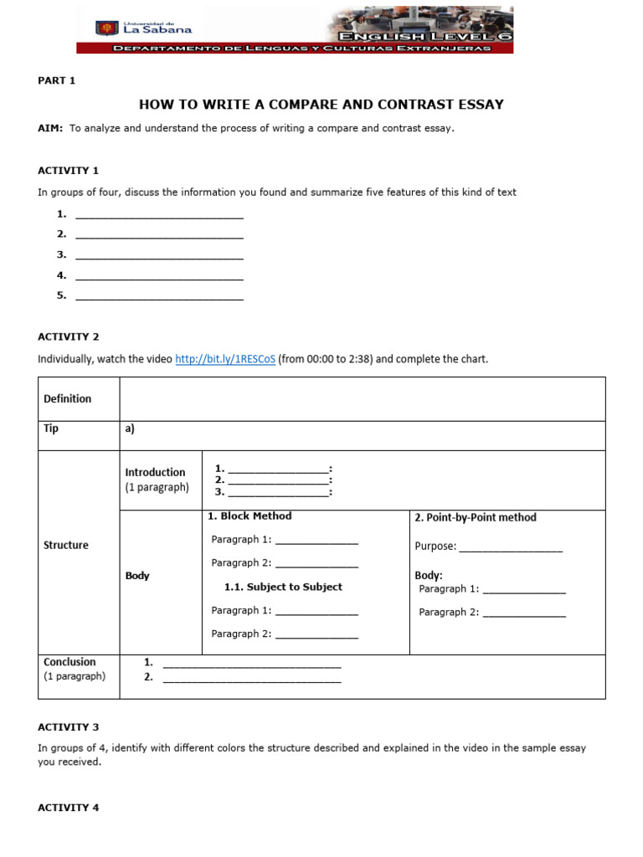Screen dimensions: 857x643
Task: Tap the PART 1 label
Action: (x=56, y=80)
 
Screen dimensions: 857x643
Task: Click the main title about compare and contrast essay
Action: (x=321, y=105)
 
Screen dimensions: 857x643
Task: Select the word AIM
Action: (x=49, y=128)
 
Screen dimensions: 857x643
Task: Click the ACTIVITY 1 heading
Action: (x=68, y=170)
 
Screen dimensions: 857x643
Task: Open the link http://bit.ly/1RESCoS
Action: (x=224, y=359)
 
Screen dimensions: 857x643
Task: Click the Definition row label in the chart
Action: (x=67, y=398)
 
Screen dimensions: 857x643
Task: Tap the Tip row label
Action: (x=51, y=428)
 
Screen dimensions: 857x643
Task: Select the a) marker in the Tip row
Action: (x=130, y=428)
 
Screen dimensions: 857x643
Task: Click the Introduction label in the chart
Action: (x=155, y=472)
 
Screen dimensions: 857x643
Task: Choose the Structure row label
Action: (x=65, y=545)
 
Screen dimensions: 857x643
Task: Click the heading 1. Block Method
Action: (x=249, y=516)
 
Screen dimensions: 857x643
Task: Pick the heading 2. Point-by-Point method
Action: (x=475, y=517)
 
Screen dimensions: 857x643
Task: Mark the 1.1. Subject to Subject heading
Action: (x=283, y=587)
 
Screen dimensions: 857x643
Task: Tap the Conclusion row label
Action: (x=69, y=662)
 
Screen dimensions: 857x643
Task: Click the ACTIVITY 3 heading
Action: (x=68, y=727)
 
